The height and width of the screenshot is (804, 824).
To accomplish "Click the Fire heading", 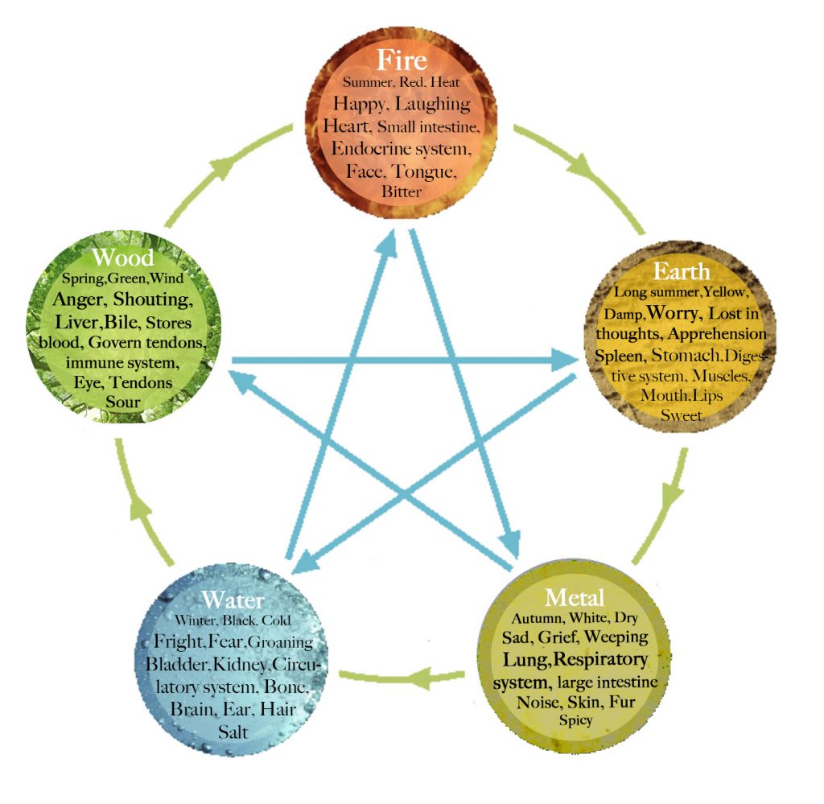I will pyautogui.click(x=402, y=61).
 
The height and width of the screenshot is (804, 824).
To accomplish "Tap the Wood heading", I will pyautogui.click(x=122, y=258).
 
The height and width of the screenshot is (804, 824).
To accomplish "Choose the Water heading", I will pyautogui.click(x=233, y=600).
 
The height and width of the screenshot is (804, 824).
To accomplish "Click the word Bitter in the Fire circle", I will pyautogui.click(x=402, y=192).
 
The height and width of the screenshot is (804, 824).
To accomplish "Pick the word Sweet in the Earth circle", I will pyautogui.click(x=682, y=415).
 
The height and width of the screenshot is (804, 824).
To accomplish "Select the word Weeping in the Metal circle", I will pyautogui.click(x=616, y=637).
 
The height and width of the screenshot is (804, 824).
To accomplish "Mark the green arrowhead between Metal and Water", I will pyautogui.click(x=424, y=678).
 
